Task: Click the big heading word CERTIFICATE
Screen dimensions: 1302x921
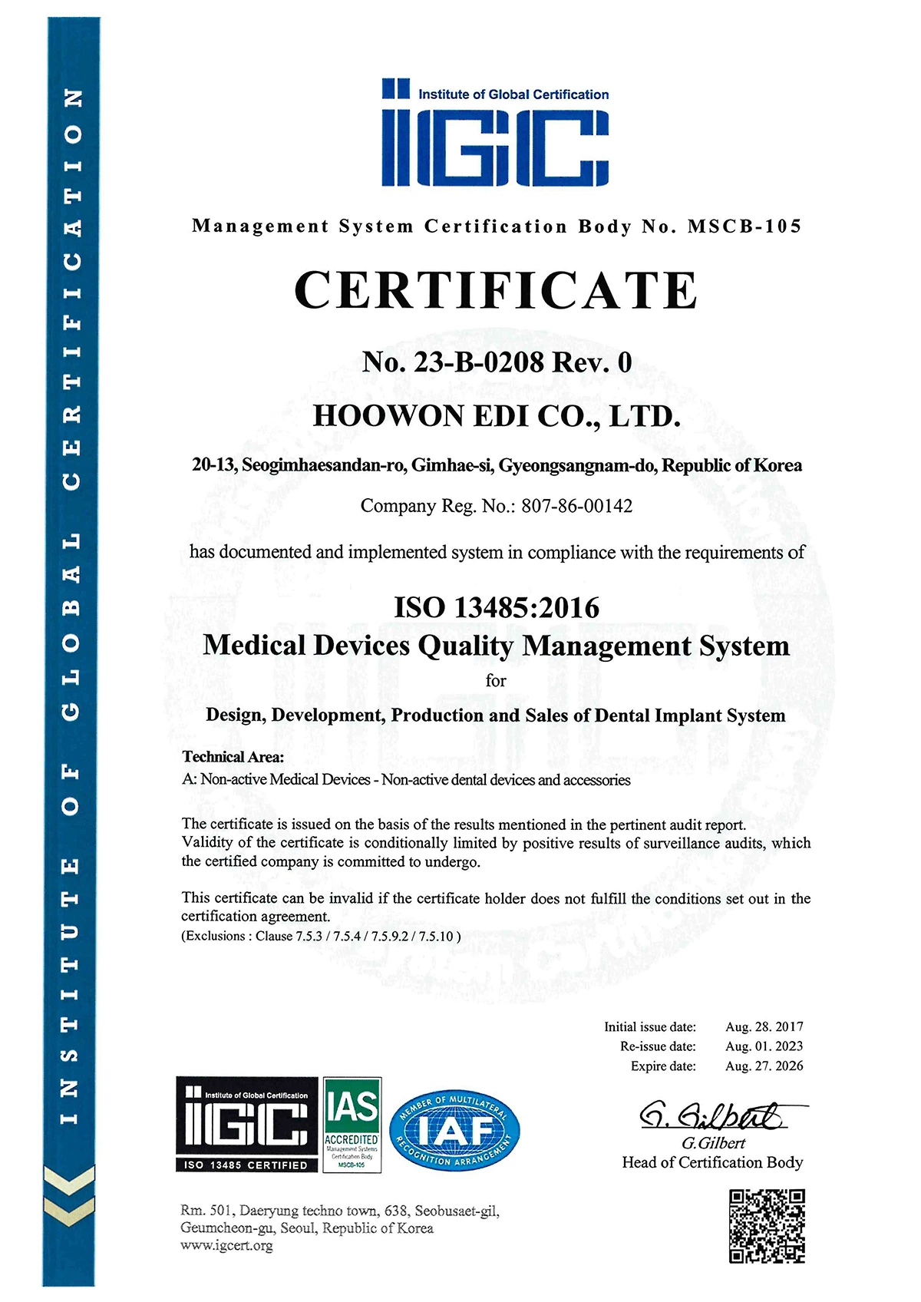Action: [x=496, y=290]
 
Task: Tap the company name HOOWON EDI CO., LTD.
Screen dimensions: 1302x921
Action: [x=497, y=416]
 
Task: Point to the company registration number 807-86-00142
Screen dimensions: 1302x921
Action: [x=576, y=506]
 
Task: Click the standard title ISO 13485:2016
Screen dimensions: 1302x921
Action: [x=497, y=607]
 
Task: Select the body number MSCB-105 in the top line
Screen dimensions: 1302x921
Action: [x=744, y=226]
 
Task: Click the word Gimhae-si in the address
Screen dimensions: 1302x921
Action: [x=453, y=465]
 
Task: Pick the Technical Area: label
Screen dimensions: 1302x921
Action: [x=233, y=757]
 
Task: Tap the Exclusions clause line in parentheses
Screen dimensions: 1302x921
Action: [x=321, y=936]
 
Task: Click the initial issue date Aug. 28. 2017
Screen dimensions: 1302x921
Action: [x=764, y=1026]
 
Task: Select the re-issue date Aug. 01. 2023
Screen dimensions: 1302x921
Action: [x=764, y=1046]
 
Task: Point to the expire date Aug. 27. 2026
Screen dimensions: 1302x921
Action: [x=764, y=1066]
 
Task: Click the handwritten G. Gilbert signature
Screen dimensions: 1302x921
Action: [x=714, y=1115]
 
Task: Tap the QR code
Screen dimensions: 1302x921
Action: [x=766, y=1226]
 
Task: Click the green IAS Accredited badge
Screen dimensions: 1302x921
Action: [x=352, y=1125]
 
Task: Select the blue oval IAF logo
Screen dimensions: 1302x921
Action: [x=455, y=1132]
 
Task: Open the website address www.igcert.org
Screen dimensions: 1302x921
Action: [x=226, y=1246]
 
